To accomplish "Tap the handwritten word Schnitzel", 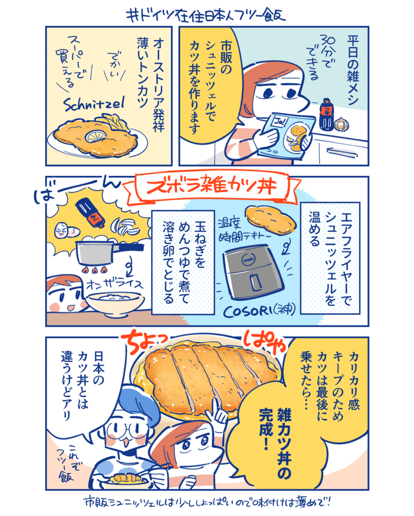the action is click(x=94, y=105).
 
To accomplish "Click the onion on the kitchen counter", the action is click(x=341, y=124).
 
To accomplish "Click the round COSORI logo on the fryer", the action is click(x=249, y=260).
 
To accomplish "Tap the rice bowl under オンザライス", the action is click(x=115, y=303).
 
